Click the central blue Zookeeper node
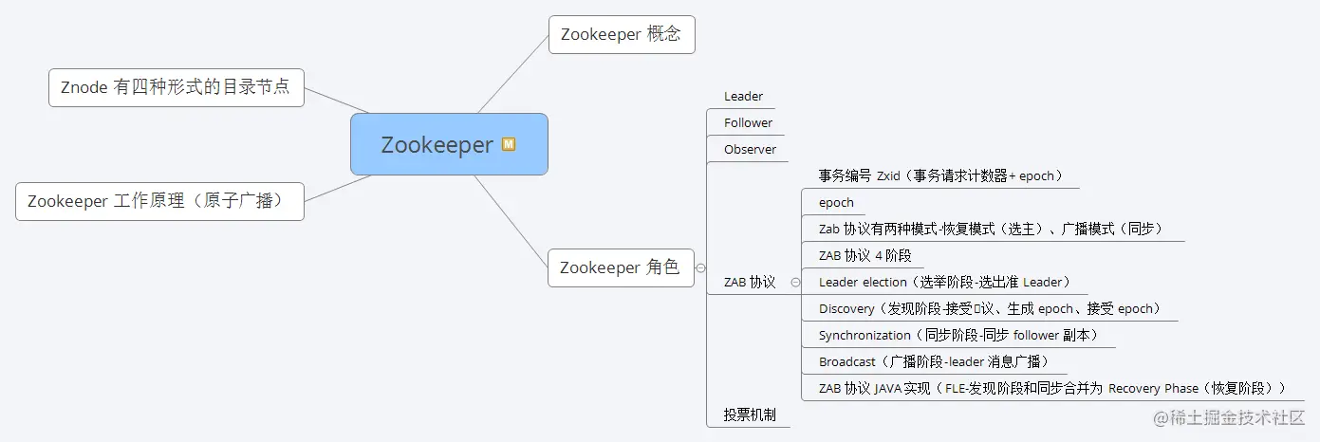[x=437, y=145]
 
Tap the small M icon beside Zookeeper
[x=509, y=144]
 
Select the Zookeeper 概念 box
[x=621, y=34]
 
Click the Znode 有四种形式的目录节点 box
[x=176, y=87]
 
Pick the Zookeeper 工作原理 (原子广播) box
[x=159, y=201]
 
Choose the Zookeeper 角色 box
[x=621, y=267]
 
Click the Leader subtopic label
[x=743, y=96]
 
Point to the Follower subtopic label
[x=748, y=122]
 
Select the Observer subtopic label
[x=750, y=149]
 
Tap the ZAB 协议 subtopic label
[x=750, y=282]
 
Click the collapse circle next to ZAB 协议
[x=795, y=282]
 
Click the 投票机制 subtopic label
[x=750, y=414]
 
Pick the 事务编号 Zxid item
[x=940, y=175]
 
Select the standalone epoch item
[x=836, y=202]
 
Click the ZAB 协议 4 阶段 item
[x=865, y=255]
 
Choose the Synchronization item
[x=959, y=335]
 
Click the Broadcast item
[x=934, y=361]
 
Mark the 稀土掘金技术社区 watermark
[x=1229, y=417]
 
